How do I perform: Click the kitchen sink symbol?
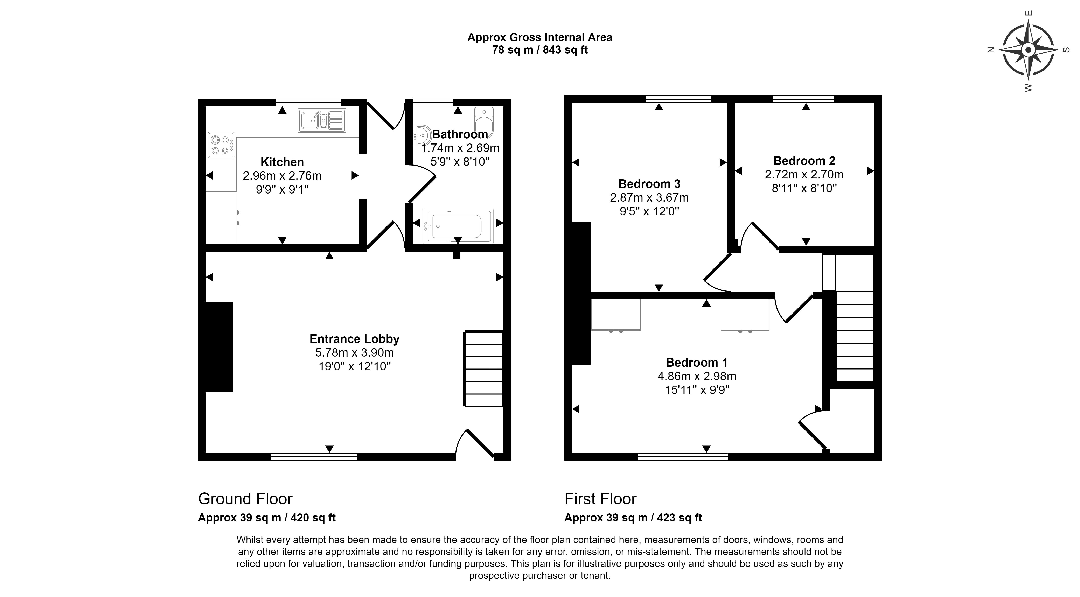[x=322, y=121]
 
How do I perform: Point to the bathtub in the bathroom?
[x=458, y=226]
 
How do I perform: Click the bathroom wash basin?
[x=421, y=135]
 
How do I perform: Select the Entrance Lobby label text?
[x=354, y=339]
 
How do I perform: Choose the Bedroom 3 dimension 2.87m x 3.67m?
[x=649, y=197]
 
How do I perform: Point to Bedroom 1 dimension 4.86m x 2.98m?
[x=696, y=376]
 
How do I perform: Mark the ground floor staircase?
[x=483, y=369]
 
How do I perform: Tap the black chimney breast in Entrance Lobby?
[x=219, y=347]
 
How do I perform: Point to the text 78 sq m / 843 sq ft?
[x=539, y=50]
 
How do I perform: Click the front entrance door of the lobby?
[x=476, y=444]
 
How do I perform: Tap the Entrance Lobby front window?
[x=314, y=457]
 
